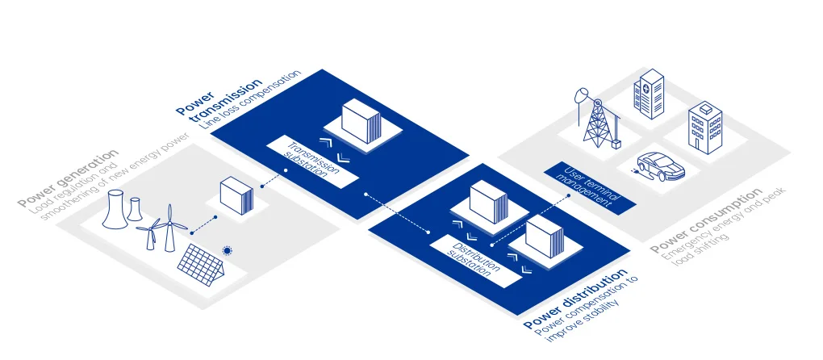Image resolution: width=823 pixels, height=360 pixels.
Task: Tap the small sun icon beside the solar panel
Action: (x=228, y=251)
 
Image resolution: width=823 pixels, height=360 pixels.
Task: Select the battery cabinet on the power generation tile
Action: (x=236, y=195)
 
